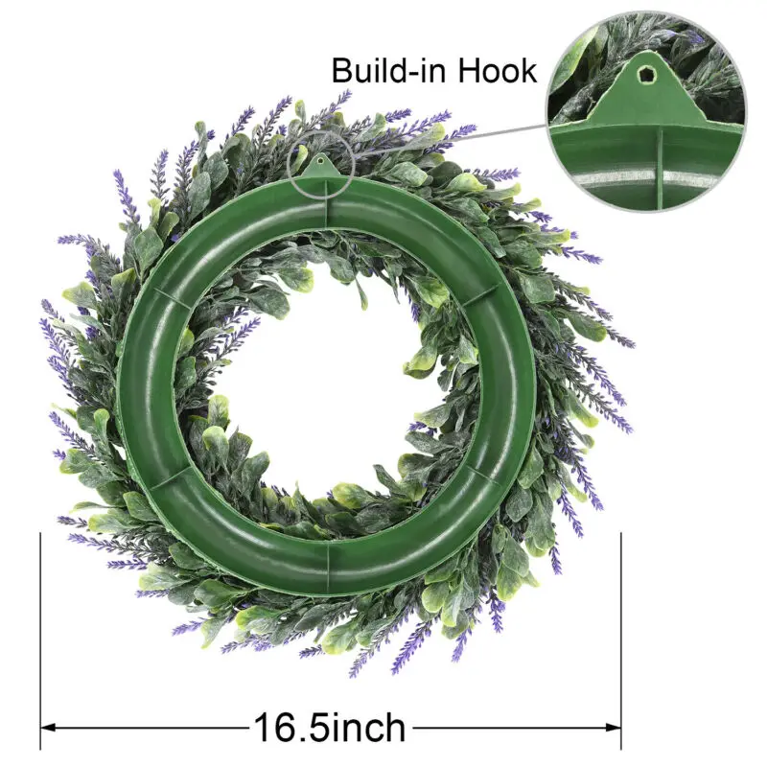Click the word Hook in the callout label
coord(497,70)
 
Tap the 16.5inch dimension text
coord(330,728)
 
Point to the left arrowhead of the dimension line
coord(48,728)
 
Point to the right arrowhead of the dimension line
coord(614,728)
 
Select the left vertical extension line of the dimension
coord(40,640)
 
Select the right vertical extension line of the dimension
coord(621,640)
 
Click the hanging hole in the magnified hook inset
coord(643,75)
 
